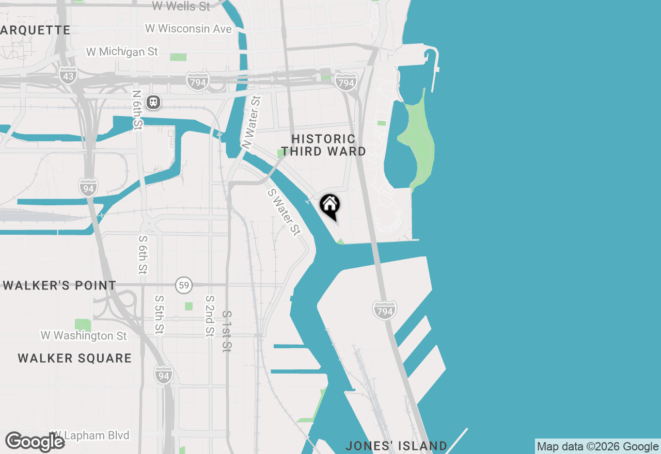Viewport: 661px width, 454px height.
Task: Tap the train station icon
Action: (153, 102)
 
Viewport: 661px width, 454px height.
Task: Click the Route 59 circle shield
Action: (183, 285)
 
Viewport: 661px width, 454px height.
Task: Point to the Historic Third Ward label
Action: (324, 145)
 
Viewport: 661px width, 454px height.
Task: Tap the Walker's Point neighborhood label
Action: (59, 285)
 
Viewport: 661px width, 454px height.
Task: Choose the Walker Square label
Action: (75, 358)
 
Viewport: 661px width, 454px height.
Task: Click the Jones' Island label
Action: (396, 446)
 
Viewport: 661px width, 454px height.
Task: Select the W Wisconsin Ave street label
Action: (188, 29)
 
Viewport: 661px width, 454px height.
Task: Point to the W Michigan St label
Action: (122, 52)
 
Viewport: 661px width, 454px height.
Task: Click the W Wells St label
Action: (181, 6)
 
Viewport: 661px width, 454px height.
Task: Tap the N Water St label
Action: (252, 123)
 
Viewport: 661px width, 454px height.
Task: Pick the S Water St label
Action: (284, 212)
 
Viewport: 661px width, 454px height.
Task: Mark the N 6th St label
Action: (137, 110)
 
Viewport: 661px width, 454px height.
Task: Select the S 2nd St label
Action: (209, 316)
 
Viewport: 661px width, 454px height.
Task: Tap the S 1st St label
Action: (226, 331)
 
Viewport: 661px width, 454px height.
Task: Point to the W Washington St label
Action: (84, 336)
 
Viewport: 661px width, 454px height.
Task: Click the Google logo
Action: (35, 442)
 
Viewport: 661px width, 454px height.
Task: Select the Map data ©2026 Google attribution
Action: (597, 447)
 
